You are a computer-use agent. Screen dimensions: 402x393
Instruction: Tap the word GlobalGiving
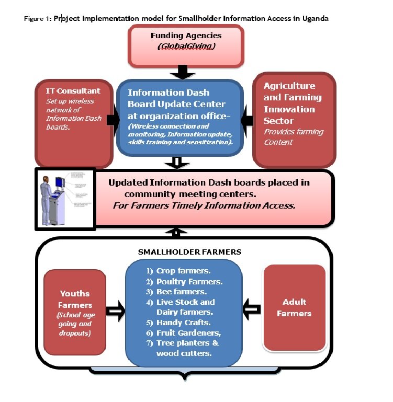click(186, 47)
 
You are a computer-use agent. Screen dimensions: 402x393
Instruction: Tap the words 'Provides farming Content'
click(294, 137)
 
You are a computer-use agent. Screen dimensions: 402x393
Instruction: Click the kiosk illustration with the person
click(65, 198)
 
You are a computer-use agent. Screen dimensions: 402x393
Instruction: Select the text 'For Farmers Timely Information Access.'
click(204, 205)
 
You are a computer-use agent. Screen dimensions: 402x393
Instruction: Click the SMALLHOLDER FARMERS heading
click(189, 252)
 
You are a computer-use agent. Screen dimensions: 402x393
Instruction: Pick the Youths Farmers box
click(75, 312)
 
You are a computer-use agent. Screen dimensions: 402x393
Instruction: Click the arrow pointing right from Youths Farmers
click(115, 311)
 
